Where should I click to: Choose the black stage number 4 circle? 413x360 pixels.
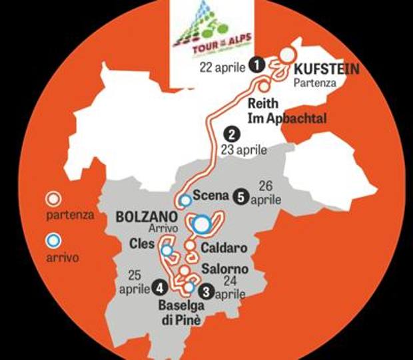click(160, 287)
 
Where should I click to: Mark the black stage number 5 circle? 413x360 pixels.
click(241, 196)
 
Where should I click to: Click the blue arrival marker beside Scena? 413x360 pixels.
click(186, 199)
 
